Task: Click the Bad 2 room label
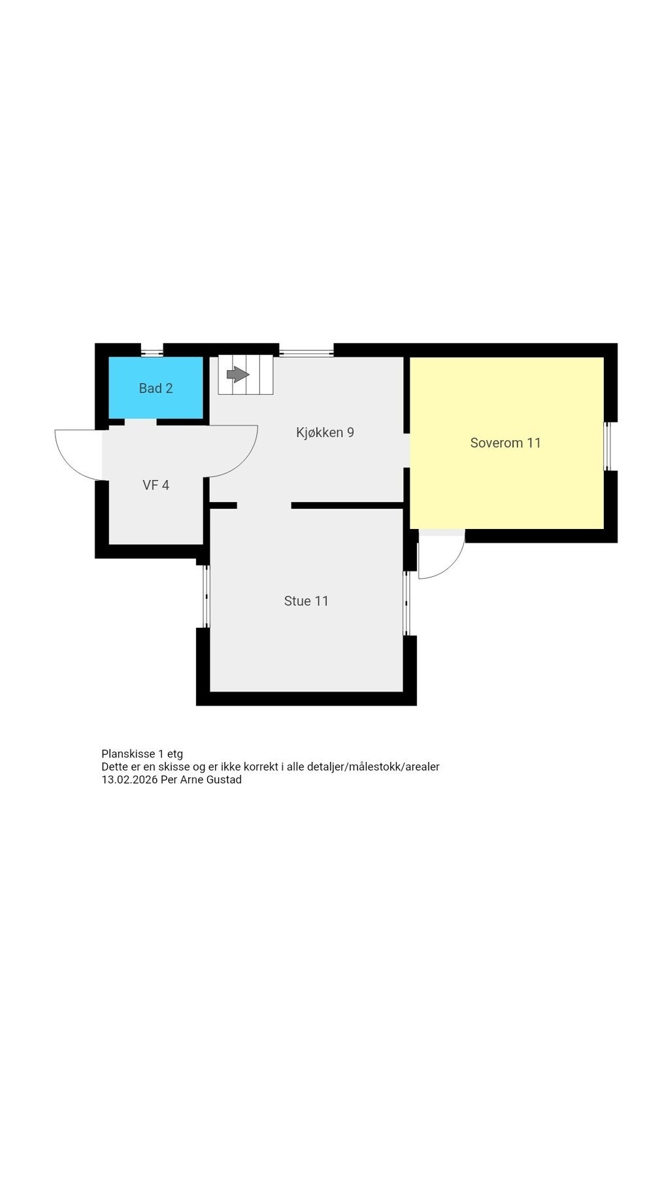tap(156, 388)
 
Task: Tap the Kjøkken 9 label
tap(325, 432)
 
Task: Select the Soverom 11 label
tap(505, 443)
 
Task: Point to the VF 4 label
tap(156, 485)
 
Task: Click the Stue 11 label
tap(306, 601)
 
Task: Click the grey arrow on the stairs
tap(237, 375)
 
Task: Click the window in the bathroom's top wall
tap(152, 353)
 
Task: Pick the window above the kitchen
tap(306, 353)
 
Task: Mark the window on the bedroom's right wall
tap(607, 446)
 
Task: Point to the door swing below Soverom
tap(439, 556)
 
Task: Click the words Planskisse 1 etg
tap(142, 754)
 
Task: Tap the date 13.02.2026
tap(129, 779)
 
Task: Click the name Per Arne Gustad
tap(201, 779)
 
